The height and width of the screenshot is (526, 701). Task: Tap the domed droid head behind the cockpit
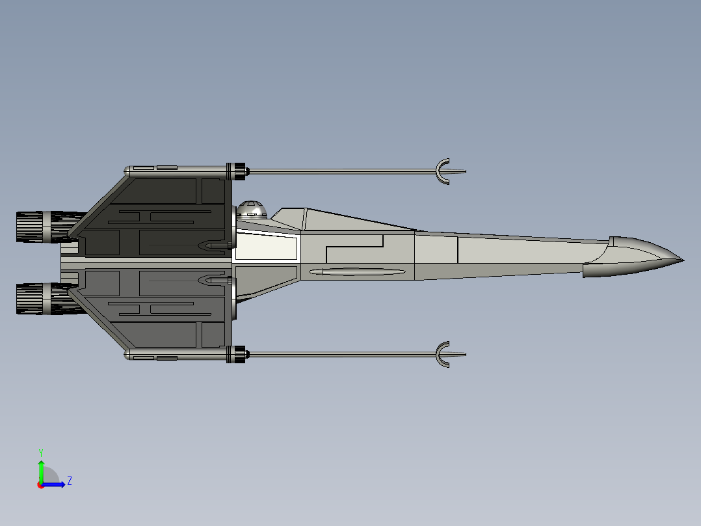tap(251, 210)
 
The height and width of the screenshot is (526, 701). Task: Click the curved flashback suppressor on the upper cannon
tap(442, 171)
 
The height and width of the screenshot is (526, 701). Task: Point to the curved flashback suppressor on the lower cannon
tap(442, 355)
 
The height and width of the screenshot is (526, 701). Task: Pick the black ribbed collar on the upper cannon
tap(236, 171)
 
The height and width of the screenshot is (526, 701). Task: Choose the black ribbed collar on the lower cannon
tap(236, 355)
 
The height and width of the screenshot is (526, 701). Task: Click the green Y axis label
tap(41, 452)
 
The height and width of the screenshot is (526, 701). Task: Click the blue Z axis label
tap(70, 481)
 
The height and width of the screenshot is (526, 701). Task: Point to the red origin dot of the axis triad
tap(41, 485)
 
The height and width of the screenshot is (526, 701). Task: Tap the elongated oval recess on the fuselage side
tap(357, 271)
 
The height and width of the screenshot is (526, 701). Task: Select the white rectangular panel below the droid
tap(266, 246)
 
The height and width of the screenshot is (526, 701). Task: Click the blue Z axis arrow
tap(53, 484)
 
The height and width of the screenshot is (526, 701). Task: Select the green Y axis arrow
tap(41, 472)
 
